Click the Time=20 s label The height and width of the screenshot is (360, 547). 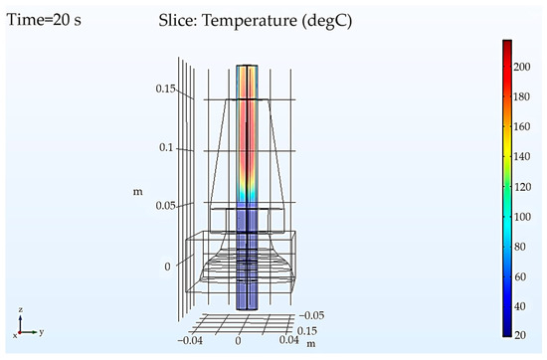tap(44, 20)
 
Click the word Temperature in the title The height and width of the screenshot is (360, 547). tap(249, 21)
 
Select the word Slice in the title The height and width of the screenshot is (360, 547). tap(178, 20)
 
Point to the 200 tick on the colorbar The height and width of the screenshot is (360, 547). tap(522, 67)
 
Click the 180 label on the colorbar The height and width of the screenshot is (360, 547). tap(522, 96)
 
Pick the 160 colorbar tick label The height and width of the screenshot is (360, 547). tap(522, 126)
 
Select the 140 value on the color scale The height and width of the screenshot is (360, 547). tap(522, 156)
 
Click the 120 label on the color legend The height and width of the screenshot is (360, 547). tap(522, 187)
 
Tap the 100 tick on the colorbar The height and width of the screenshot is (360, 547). tap(522, 217)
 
